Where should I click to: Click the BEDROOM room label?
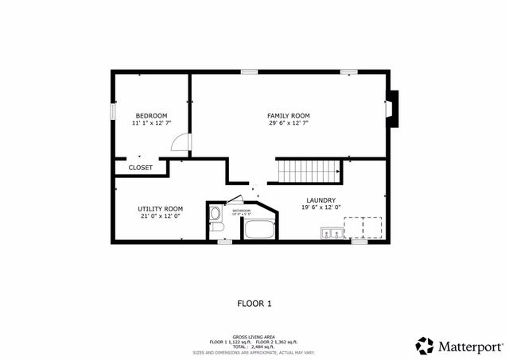[150, 116]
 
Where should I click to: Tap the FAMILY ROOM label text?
[288, 116]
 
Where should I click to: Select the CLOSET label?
[140, 168]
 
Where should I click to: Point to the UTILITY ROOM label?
[160, 208]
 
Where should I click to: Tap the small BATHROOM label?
[241, 211]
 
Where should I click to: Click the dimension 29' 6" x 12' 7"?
[288, 123]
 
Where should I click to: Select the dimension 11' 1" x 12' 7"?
[150, 123]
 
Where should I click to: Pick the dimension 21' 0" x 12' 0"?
[160, 215]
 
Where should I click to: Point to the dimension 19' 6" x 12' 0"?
[321, 207]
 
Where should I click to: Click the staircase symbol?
[309, 170]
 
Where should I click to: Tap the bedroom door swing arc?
[182, 142]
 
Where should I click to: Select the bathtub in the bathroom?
[258, 230]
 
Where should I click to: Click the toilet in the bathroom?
[217, 229]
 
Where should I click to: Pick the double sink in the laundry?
[332, 232]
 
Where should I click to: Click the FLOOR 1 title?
[254, 303]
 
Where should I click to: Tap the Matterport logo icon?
[425, 346]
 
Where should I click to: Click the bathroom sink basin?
[215, 213]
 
